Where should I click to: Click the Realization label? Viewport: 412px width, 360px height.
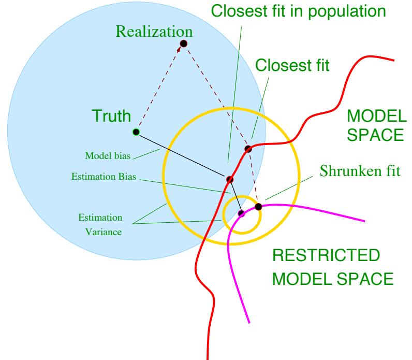[154, 31]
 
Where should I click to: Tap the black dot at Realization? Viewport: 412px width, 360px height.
[183, 43]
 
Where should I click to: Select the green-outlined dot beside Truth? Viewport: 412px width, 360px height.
[136, 132]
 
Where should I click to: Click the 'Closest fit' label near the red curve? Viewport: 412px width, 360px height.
[292, 67]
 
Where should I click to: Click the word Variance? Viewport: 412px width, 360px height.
[104, 232]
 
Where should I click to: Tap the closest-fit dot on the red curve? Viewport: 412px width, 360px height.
[248, 149]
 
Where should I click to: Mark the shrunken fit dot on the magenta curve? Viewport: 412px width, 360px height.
[258, 207]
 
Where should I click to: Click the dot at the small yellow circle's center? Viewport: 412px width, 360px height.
[241, 213]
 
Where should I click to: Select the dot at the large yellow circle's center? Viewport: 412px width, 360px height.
[230, 179]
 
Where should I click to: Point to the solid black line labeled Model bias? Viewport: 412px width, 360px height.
[181, 155]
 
